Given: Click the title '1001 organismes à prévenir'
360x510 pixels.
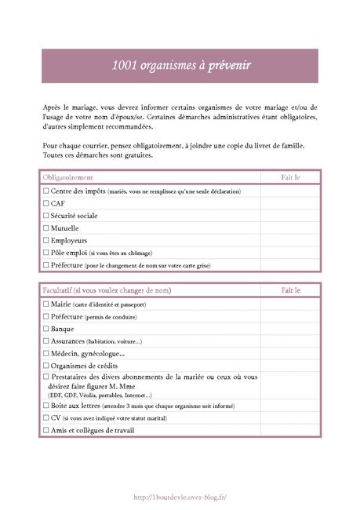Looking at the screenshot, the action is point(180,67).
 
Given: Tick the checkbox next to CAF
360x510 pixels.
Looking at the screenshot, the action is point(46,203).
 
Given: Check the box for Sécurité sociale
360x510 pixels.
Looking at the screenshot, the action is point(46,215).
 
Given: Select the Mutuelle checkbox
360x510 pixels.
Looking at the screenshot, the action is point(46,228).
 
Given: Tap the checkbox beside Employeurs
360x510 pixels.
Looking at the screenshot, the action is point(46,240).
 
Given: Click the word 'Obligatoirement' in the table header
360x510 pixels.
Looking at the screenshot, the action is point(67,178).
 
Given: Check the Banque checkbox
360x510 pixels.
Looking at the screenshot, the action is point(46,329).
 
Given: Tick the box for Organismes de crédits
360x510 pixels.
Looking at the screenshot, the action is point(46,366).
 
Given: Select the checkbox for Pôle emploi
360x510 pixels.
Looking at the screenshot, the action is point(46,253).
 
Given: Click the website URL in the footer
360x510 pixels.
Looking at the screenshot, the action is point(180,497).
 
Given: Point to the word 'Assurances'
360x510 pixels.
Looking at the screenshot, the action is point(70,341).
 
